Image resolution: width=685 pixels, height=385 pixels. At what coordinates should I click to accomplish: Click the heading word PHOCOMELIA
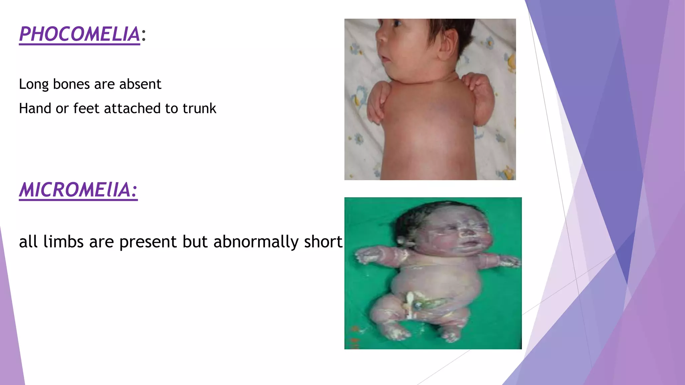point(80,34)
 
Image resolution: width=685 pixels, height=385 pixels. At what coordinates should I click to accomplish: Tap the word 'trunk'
point(199,109)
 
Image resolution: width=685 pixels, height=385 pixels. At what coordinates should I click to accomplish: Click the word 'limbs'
point(63,242)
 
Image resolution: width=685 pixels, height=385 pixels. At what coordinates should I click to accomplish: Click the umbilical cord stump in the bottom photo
point(410,304)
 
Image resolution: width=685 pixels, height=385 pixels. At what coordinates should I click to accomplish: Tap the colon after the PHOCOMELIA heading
point(143,35)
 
